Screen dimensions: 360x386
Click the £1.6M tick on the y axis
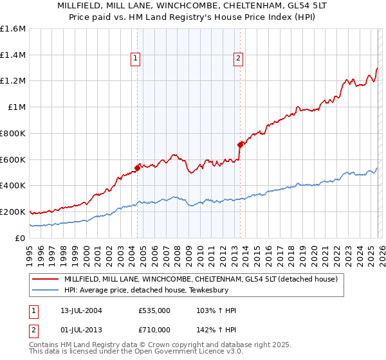click(13, 29)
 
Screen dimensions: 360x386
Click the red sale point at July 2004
click(137, 168)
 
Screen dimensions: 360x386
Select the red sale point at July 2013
click(240, 145)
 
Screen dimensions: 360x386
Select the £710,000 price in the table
click(154, 329)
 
